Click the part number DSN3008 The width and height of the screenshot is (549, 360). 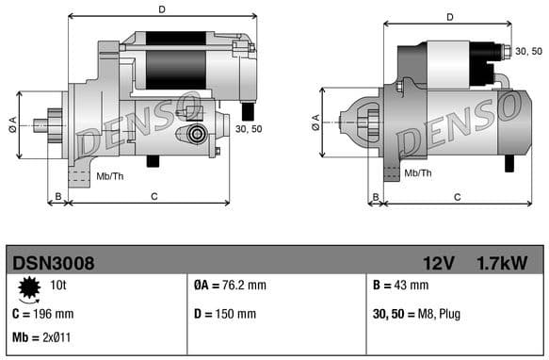(52, 262)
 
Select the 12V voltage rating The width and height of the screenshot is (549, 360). (439, 262)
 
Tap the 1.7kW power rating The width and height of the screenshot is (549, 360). (501, 262)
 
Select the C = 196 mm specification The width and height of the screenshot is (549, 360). (42, 314)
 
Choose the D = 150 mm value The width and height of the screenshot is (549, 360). (224, 314)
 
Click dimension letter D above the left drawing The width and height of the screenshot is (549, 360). (162, 9)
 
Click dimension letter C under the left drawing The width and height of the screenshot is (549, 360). (153, 196)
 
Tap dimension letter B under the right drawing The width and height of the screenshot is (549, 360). (375, 196)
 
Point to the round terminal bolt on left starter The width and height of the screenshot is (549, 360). (198, 133)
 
